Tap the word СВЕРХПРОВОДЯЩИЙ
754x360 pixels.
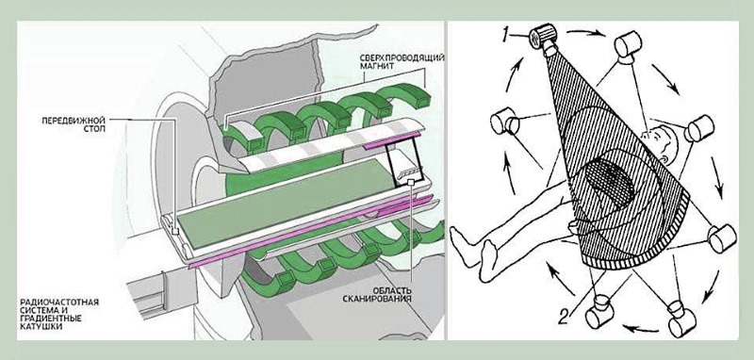pyautogui.click(x=402, y=58)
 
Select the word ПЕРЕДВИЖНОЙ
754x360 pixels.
pyautogui.click(x=74, y=121)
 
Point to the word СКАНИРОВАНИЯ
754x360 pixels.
pyautogui.click(x=377, y=299)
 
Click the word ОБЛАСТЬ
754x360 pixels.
pyautogui.click(x=393, y=290)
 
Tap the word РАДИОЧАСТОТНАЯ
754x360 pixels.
pyautogui.click(x=59, y=302)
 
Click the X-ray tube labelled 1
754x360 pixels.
pyautogui.click(x=544, y=37)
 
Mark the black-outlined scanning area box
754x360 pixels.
pyautogui.click(x=405, y=163)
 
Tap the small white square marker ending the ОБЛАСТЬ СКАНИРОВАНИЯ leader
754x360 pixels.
pyautogui.click(x=411, y=182)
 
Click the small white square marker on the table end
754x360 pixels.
pyautogui.click(x=175, y=231)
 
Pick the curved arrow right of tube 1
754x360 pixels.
pyautogui.click(x=585, y=33)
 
